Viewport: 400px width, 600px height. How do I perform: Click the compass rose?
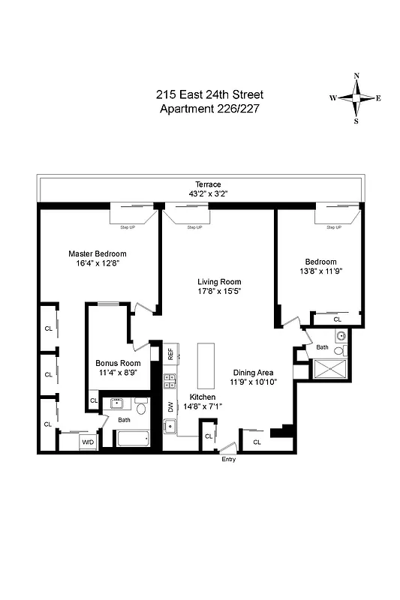pos(356,98)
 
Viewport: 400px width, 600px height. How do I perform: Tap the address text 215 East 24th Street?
pos(209,95)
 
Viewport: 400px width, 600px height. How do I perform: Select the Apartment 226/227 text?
pos(209,109)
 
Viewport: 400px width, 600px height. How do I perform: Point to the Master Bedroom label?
pos(98,253)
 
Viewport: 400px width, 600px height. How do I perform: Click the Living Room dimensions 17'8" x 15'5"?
pos(219,291)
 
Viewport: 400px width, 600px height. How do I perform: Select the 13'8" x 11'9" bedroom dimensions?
pos(320,271)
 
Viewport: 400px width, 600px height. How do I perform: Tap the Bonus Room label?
pos(119,363)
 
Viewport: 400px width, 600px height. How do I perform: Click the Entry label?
pos(229,459)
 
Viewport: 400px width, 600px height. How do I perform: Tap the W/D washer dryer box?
pos(88,442)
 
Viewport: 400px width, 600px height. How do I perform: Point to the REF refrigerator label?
pos(170,352)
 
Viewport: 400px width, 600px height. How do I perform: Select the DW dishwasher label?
pos(170,407)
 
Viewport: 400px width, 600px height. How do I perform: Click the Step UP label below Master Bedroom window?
pos(128,226)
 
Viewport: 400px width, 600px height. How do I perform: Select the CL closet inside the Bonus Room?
pos(94,401)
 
